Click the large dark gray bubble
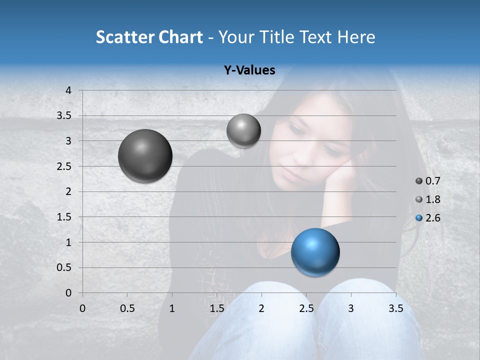pos(145,156)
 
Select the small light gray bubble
pos(243,130)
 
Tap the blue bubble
pos(315,252)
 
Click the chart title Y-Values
pos(249,70)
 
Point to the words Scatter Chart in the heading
pos(149,37)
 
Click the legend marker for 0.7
pos(419,181)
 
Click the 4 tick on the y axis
pos(68,90)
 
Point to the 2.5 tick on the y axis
pos(64,166)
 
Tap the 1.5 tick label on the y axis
pos(64,217)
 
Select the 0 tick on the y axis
pos(68,292)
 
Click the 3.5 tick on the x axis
pos(395,308)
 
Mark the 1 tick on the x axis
pos(172,308)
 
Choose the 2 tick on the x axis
pos(261,308)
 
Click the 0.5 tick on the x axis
pos(127,308)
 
